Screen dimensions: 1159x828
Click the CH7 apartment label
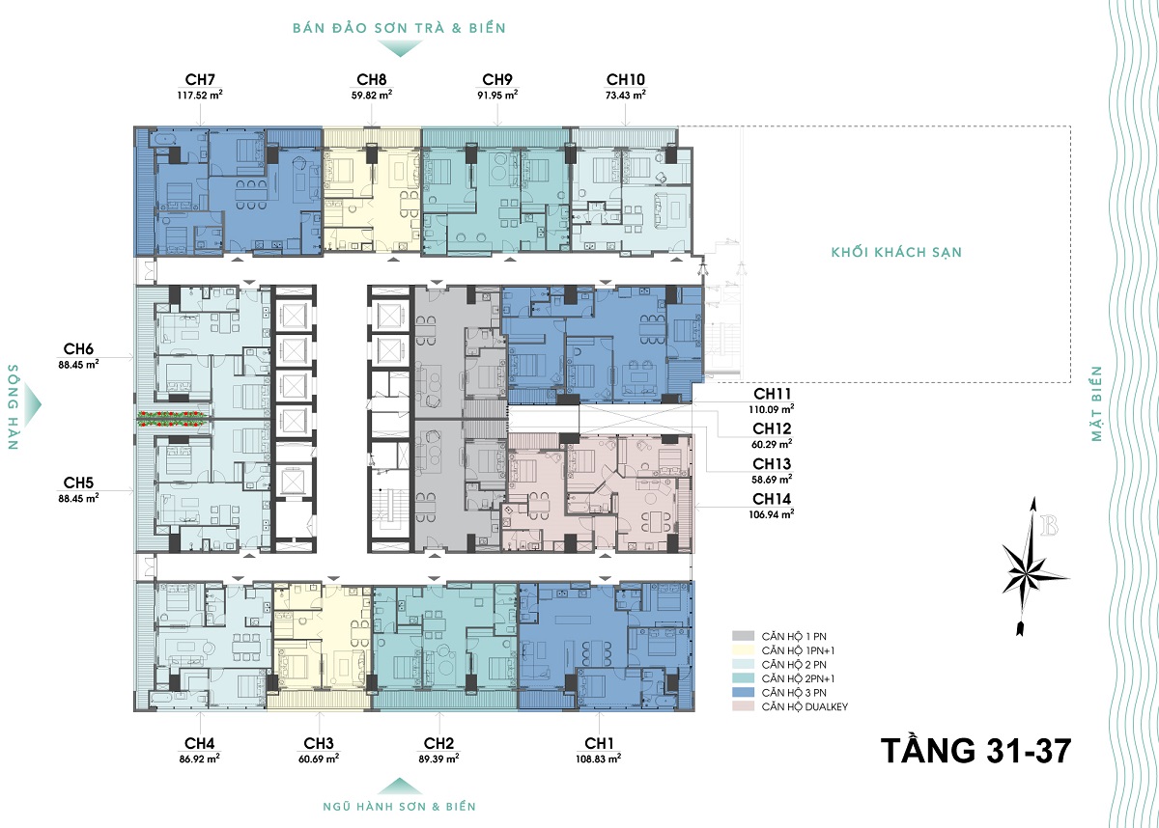200,79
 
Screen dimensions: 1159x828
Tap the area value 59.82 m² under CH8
372,96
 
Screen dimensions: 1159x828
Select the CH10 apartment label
626,79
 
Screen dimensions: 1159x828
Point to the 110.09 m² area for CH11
772,409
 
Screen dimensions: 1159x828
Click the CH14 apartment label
772,499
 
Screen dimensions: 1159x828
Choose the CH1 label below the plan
599,743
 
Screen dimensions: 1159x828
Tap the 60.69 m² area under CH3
319,759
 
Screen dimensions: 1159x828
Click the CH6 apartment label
78,349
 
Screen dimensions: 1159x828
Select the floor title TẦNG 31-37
975,751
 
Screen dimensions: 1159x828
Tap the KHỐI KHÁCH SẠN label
896,252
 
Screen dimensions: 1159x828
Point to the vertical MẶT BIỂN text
1096,403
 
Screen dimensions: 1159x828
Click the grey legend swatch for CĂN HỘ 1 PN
743,636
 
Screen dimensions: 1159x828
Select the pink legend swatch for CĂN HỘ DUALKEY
743,706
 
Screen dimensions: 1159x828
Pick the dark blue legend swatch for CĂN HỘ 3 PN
743,692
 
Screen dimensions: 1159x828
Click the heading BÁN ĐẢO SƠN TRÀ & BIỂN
399,28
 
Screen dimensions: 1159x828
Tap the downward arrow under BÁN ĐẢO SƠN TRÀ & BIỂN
400,48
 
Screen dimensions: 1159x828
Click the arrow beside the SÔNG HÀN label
32,405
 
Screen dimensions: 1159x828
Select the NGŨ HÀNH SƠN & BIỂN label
399,807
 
